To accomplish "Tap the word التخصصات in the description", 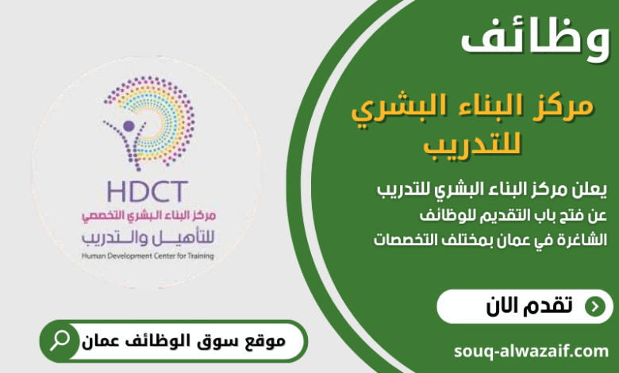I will pos(407,239).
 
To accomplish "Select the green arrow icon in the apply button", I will pos(593,307).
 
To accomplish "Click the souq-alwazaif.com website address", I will pos(532,350).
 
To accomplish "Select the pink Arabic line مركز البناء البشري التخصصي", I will pos(148,217).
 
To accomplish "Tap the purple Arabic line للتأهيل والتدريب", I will pos(148,237).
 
